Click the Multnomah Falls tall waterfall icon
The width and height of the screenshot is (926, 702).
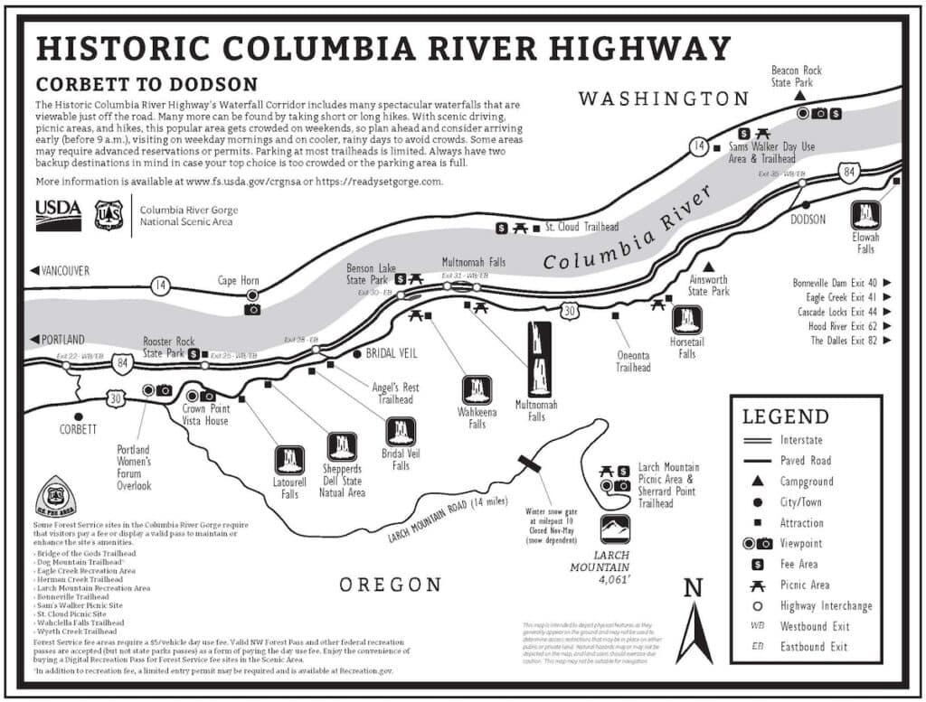pyautogui.click(x=540, y=358)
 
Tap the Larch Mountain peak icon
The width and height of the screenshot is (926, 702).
pyautogui.click(x=616, y=529)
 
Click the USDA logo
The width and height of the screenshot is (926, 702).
pyautogui.click(x=59, y=215)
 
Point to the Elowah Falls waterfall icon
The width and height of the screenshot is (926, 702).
pyautogui.click(x=866, y=215)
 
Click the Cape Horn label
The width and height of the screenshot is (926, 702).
pyautogui.click(x=238, y=281)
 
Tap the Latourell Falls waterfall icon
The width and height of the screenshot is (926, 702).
pyautogui.click(x=289, y=459)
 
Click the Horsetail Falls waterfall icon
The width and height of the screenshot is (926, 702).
pyautogui.click(x=687, y=320)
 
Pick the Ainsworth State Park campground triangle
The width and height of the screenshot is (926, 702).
pyautogui.click(x=709, y=267)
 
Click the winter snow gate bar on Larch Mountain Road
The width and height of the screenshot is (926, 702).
pyautogui.click(x=529, y=463)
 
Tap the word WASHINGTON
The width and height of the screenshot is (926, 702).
pyautogui.click(x=664, y=98)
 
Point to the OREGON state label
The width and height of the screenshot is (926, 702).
pyautogui.click(x=391, y=585)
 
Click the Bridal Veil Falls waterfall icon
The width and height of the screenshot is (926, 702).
pyautogui.click(x=400, y=431)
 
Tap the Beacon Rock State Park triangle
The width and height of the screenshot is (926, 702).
pyautogui.click(x=801, y=95)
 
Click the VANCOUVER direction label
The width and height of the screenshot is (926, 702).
pyautogui.click(x=61, y=269)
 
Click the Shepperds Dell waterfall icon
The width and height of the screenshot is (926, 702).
pyautogui.click(x=342, y=445)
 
